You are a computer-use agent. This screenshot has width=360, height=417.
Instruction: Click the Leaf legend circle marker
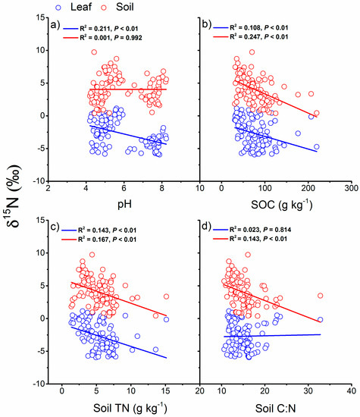pyautogui.click(x=59, y=8)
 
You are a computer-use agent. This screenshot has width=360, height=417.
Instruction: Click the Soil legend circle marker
pyautogui.click(x=105, y=8)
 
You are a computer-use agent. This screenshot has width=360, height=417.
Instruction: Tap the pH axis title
pyautogui.click(x=124, y=204)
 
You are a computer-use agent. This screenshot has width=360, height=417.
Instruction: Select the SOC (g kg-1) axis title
pyautogui.click(x=281, y=204)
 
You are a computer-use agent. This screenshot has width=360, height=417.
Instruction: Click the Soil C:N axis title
pyautogui.click(x=276, y=408)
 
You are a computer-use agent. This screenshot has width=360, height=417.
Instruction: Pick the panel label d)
pyautogui.click(x=207, y=227)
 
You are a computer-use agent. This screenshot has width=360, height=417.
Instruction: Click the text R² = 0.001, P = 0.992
pyautogui.click(x=111, y=38)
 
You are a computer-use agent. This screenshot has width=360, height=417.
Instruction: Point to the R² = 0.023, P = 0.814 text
pyautogui.click(x=260, y=230)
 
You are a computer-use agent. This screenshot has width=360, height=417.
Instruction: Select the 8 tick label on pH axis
pyautogui.click(x=161, y=188)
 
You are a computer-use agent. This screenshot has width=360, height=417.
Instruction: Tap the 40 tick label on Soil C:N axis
pyautogui.click(x=352, y=391)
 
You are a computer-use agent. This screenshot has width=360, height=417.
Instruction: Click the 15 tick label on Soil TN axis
pyautogui.click(x=166, y=391)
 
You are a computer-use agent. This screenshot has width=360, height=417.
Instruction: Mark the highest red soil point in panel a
pyautogui.click(x=94, y=52)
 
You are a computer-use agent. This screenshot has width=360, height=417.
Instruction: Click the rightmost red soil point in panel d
pyautogui.click(x=320, y=296)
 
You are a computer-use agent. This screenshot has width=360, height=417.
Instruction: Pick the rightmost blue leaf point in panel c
pyautogui.click(x=166, y=319)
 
